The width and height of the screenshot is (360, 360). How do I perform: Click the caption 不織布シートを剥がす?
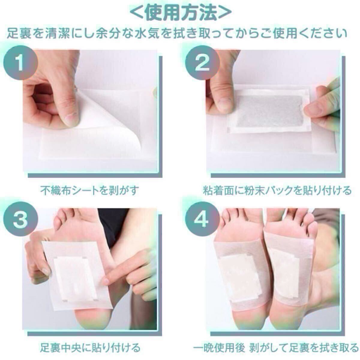pos(90,190)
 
